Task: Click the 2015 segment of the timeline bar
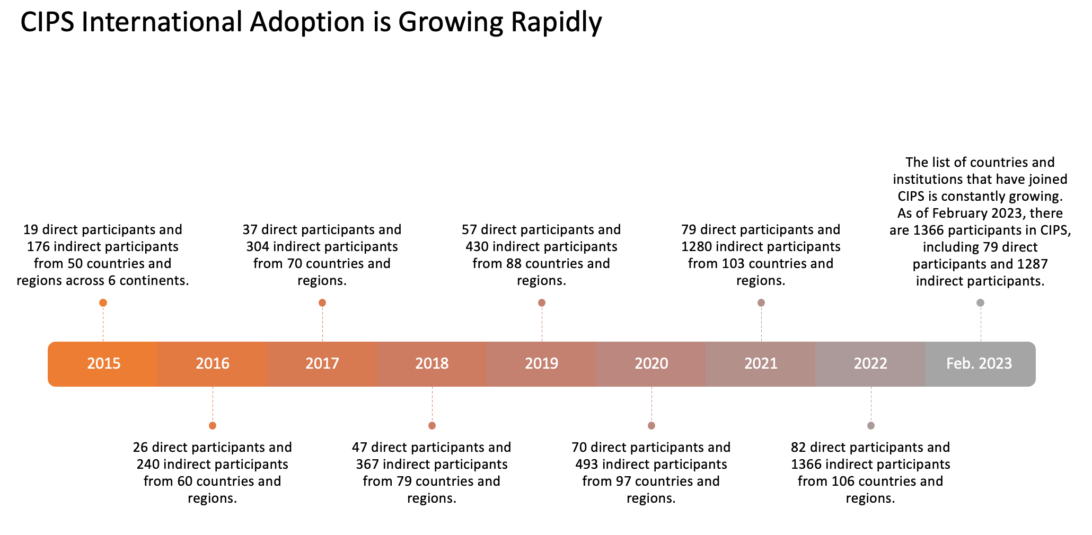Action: coord(103,363)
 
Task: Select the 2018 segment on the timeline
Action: coord(431,363)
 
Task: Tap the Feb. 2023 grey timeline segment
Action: coord(979,363)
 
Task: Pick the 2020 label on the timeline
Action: coord(651,363)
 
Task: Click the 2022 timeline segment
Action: coord(870,363)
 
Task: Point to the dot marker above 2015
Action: coord(103,302)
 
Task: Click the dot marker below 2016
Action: coord(213,425)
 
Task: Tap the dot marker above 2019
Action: coord(541,302)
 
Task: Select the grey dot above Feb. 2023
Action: coord(980,302)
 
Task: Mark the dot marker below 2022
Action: coord(870,425)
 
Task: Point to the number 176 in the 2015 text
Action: coord(38,246)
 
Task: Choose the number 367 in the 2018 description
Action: coord(367,464)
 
